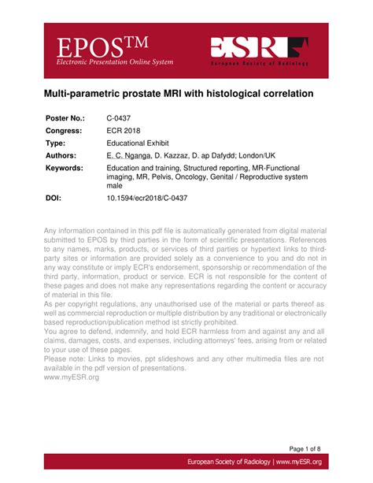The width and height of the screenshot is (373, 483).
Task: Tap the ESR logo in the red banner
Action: pos(259,48)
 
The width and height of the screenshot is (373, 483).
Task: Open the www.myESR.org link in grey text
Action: pos(71,377)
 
